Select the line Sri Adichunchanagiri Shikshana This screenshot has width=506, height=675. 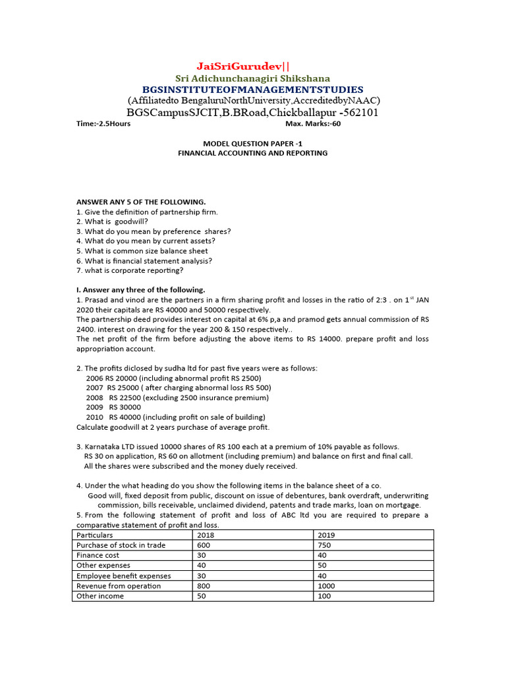point(252,78)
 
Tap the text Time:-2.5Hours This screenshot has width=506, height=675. point(103,124)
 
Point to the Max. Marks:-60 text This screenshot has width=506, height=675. point(313,124)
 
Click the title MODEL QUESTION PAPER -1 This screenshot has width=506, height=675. point(252,143)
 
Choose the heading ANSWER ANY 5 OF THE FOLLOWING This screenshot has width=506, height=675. point(141,202)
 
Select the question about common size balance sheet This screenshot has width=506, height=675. point(142,251)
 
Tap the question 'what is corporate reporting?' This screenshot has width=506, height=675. point(130,270)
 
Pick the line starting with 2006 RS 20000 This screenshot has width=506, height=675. point(173,378)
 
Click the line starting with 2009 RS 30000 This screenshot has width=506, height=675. point(113,407)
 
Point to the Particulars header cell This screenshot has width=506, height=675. point(95,535)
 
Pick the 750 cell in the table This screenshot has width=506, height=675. point(325,545)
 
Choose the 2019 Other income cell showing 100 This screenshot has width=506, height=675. point(325,596)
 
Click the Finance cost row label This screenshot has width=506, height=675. point(98,555)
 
